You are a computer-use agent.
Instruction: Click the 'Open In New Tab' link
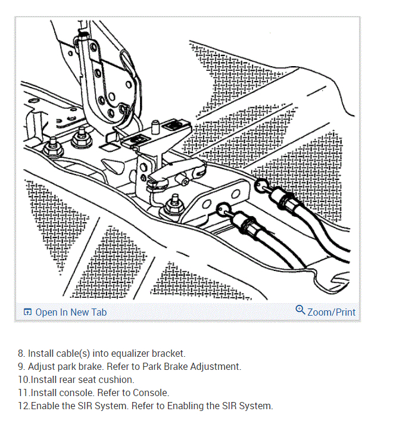point(71,312)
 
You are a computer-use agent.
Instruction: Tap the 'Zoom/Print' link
point(331,312)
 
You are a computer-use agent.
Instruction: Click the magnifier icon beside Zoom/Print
point(300,310)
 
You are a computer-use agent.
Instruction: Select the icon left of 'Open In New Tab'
point(27,312)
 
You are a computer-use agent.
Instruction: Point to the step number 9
point(21,367)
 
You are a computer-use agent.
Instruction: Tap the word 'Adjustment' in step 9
point(216,367)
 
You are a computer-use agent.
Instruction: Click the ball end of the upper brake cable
point(260,186)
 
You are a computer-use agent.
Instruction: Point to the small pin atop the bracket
point(154,127)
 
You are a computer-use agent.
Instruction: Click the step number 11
point(24,393)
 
